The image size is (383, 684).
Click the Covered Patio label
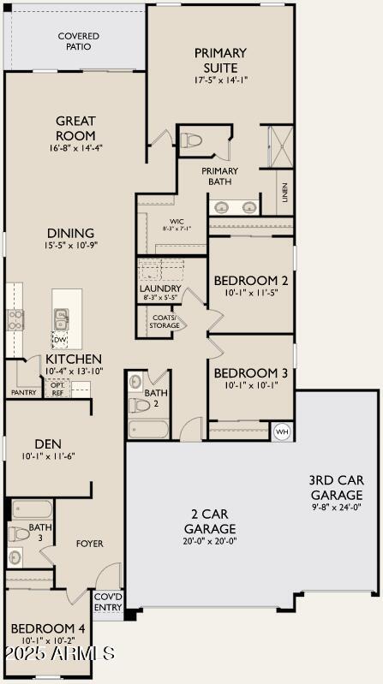coord(78,41)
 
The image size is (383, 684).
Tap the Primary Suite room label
coord(220,60)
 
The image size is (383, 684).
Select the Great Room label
coord(75,128)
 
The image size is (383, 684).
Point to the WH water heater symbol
coord(282,432)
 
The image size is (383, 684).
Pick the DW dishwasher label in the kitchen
coord(60,340)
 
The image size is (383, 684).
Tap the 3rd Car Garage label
coord(336,487)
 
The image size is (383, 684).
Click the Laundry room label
coord(160,288)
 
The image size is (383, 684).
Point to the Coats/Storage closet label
coord(165,322)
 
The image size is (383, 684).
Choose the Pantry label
coord(23,393)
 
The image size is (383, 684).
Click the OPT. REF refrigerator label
coord(57,390)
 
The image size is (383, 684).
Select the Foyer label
coord(89,544)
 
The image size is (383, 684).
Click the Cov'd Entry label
coord(108,602)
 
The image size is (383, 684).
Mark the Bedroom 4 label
coord(47,628)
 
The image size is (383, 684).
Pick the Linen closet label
coord(284,199)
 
